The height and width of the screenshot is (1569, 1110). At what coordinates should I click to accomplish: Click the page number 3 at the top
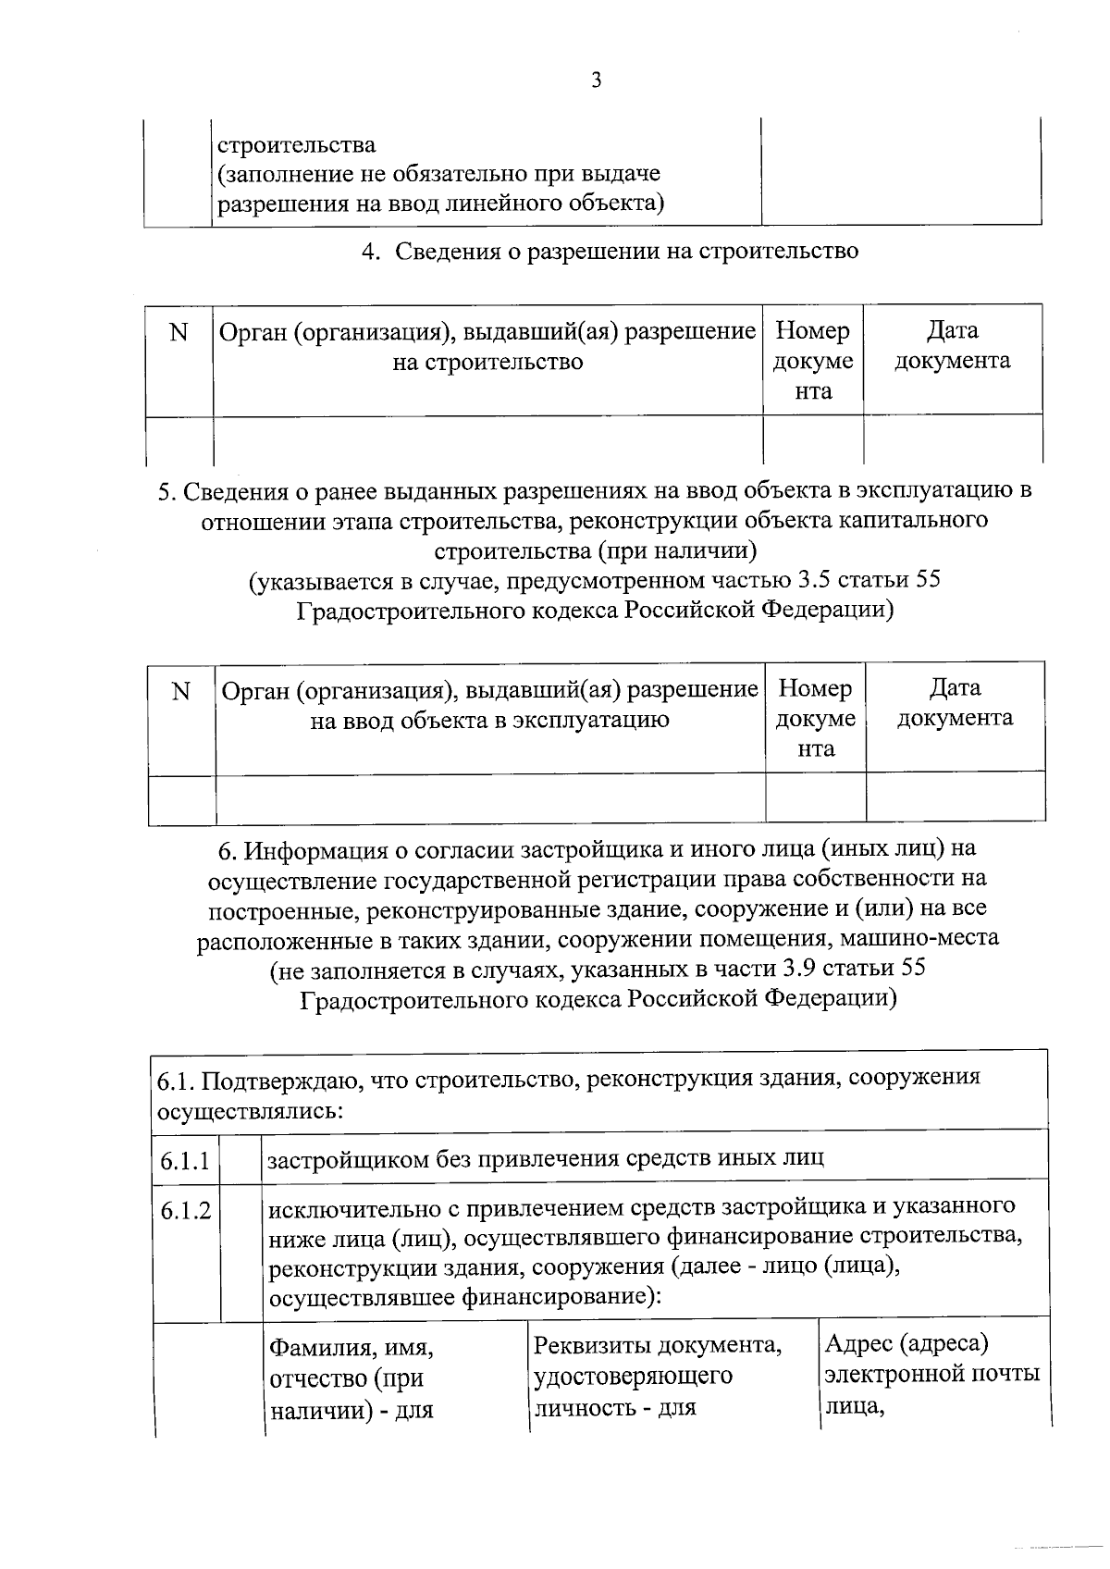[x=596, y=80]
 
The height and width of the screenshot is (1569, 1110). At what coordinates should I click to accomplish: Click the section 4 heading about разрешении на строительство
[x=609, y=251]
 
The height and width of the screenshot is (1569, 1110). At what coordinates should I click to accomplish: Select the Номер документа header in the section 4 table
[x=813, y=361]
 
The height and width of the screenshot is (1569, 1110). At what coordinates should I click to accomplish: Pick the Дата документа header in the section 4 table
[x=952, y=345]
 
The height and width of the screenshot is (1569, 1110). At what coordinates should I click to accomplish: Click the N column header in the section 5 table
[x=181, y=691]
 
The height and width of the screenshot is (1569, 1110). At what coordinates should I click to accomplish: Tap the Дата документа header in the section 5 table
[x=955, y=703]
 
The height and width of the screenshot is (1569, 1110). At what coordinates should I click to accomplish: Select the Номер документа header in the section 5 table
[x=815, y=718]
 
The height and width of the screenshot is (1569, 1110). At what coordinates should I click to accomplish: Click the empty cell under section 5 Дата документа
[x=955, y=798]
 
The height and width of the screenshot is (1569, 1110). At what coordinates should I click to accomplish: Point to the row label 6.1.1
[x=184, y=1158]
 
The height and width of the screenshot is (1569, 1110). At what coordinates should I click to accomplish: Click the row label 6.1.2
[x=184, y=1209]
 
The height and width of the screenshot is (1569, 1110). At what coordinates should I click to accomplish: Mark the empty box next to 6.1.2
[x=241, y=1249]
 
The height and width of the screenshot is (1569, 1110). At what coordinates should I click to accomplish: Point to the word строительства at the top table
[x=296, y=144]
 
